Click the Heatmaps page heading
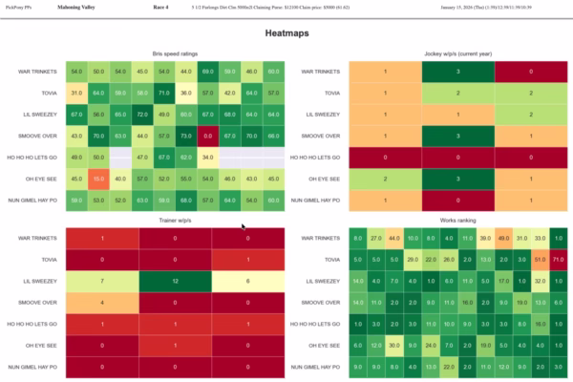(x=286, y=33)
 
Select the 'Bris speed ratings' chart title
(x=175, y=54)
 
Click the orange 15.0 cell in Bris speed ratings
(x=97, y=178)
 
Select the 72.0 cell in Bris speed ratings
(x=141, y=114)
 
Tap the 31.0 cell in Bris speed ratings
(x=75, y=93)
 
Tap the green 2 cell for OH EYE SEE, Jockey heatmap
(x=385, y=178)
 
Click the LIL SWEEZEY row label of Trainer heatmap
(x=39, y=282)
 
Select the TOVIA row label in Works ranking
(x=330, y=260)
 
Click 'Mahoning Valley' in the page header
(x=79, y=7)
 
